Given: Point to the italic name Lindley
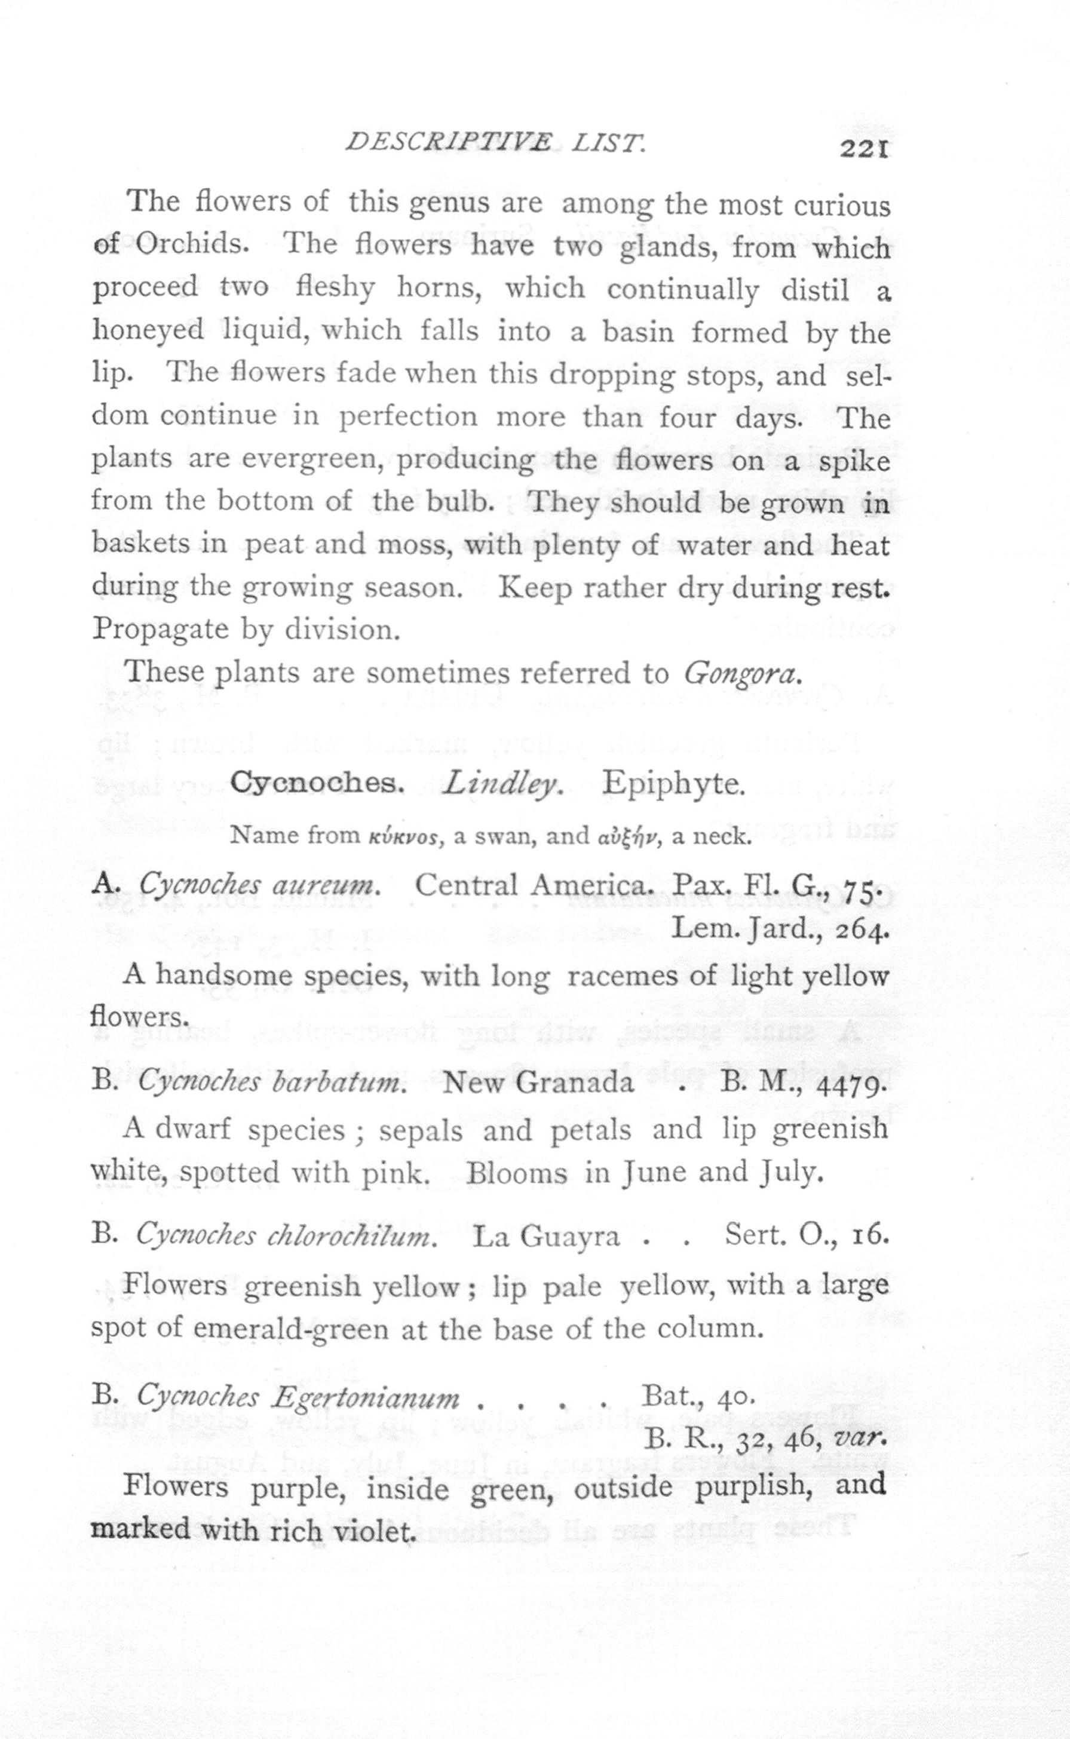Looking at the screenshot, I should pos(502,784).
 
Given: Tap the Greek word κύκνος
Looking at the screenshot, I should pos(406,837).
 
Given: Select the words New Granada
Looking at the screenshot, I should pos(538,1082).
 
